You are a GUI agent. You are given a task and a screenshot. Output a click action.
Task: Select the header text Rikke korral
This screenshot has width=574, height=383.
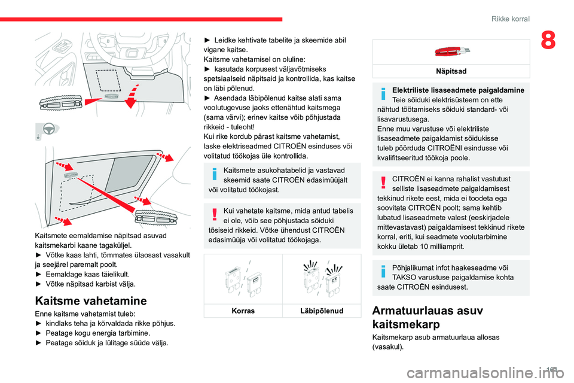tap(510, 19)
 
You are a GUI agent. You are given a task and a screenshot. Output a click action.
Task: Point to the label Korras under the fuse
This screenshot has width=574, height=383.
tap(243, 311)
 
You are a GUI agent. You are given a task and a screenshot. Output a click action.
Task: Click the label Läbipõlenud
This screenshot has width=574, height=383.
tap(322, 311)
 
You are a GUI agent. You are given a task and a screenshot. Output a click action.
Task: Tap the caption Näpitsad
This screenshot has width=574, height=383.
tap(451, 71)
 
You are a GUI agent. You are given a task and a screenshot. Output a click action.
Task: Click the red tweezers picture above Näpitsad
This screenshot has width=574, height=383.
tap(451, 51)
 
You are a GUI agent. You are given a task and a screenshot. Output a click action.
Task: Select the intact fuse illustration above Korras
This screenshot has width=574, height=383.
tap(243, 281)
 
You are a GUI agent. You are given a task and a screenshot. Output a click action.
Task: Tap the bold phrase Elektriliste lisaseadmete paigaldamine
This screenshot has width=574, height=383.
tap(458, 90)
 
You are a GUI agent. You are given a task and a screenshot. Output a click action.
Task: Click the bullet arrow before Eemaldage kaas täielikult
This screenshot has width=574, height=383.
tap(39, 274)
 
